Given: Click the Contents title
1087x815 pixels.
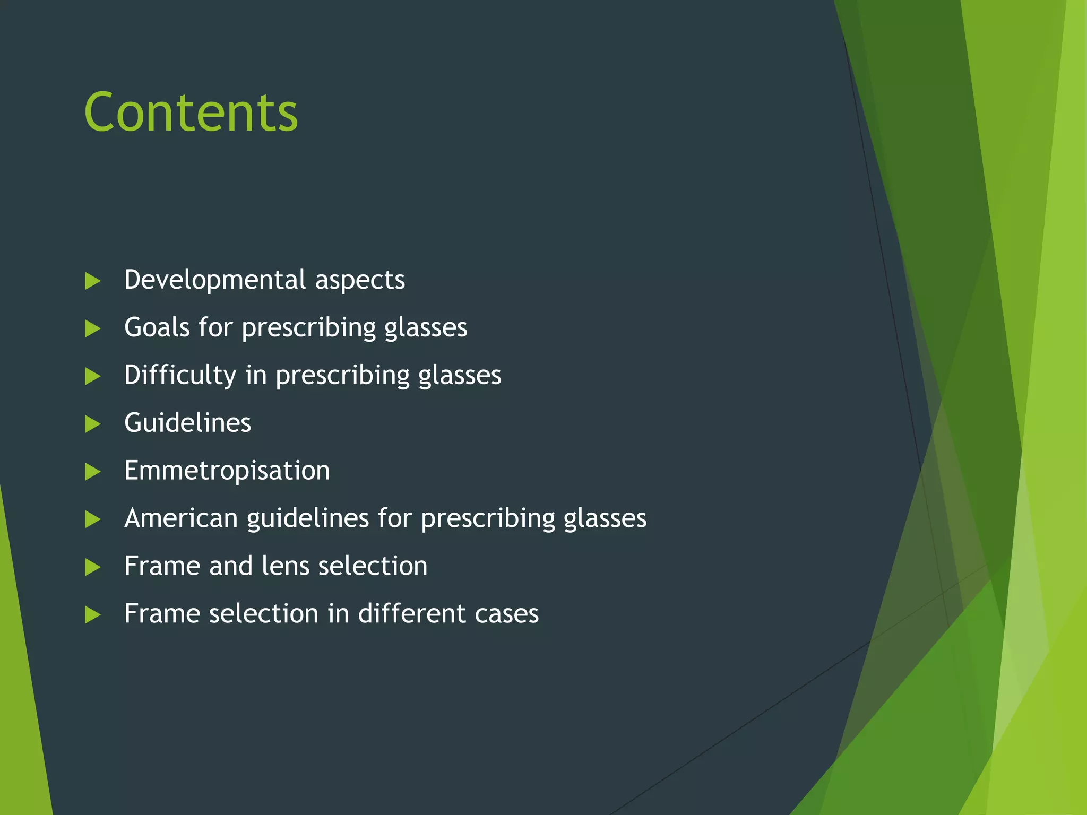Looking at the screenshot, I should (x=191, y=112).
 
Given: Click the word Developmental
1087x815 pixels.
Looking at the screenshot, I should (x=215, y=280).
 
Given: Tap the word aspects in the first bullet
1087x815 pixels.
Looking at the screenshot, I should (x=360, y=281).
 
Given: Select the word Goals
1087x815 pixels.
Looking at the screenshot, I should (x=157, y=327).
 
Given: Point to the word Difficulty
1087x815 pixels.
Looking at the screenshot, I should (x=180, y=376).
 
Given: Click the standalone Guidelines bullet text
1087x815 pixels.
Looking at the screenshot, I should (x=187, y=423).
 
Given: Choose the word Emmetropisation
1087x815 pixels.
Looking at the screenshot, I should (x=227, y=471).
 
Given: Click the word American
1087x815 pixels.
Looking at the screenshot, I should (x=180, y=518).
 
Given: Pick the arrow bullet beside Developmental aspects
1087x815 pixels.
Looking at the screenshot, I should (x=92, y=281).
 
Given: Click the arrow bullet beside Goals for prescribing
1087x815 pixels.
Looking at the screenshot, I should (x=92, y=328).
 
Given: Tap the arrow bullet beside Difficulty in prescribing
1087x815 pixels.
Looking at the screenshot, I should (x=92, y=376).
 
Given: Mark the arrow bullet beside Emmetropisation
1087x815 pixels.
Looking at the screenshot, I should (x=92, y=472).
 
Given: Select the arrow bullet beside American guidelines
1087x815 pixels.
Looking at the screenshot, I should (x=92, y=519).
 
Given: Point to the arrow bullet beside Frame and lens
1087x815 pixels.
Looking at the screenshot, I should (x=92, y=567).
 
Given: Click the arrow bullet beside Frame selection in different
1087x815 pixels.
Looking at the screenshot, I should (x=92, y=615).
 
